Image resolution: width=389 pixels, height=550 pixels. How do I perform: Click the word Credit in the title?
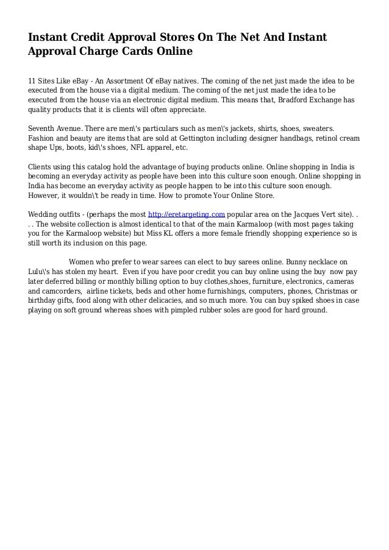[87, 38]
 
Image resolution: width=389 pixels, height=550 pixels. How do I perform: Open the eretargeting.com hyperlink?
[187, 214]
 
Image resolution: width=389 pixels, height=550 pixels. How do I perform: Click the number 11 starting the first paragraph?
[33, 80]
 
